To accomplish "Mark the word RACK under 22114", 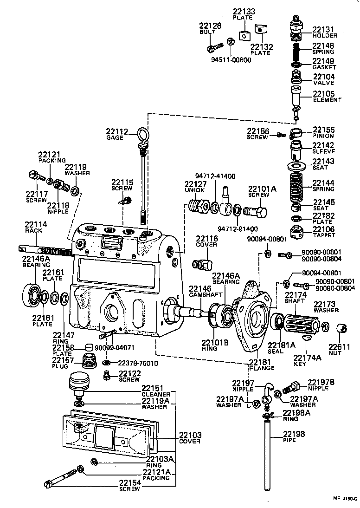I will pos(33,230).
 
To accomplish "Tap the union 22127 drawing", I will pos(198,205).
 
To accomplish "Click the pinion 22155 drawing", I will pos(296,134).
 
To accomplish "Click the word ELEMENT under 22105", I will pos(327,100).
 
